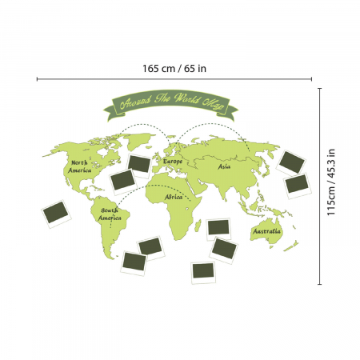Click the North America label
79,166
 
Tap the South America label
110,214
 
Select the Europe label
173,162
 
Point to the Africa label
174,196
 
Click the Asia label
225,166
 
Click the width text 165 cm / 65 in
174,68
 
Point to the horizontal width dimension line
174,78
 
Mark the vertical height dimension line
320,183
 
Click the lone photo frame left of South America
57,214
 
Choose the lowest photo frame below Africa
204,272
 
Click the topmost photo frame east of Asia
291,160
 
